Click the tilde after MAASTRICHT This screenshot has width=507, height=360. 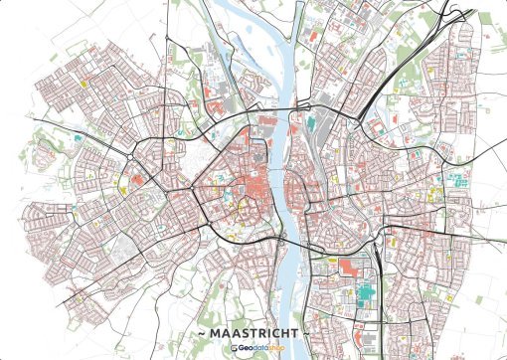coord(307,331)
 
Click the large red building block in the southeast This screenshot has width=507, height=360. coord(349,267)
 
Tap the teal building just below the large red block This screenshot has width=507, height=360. coord(365,292)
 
